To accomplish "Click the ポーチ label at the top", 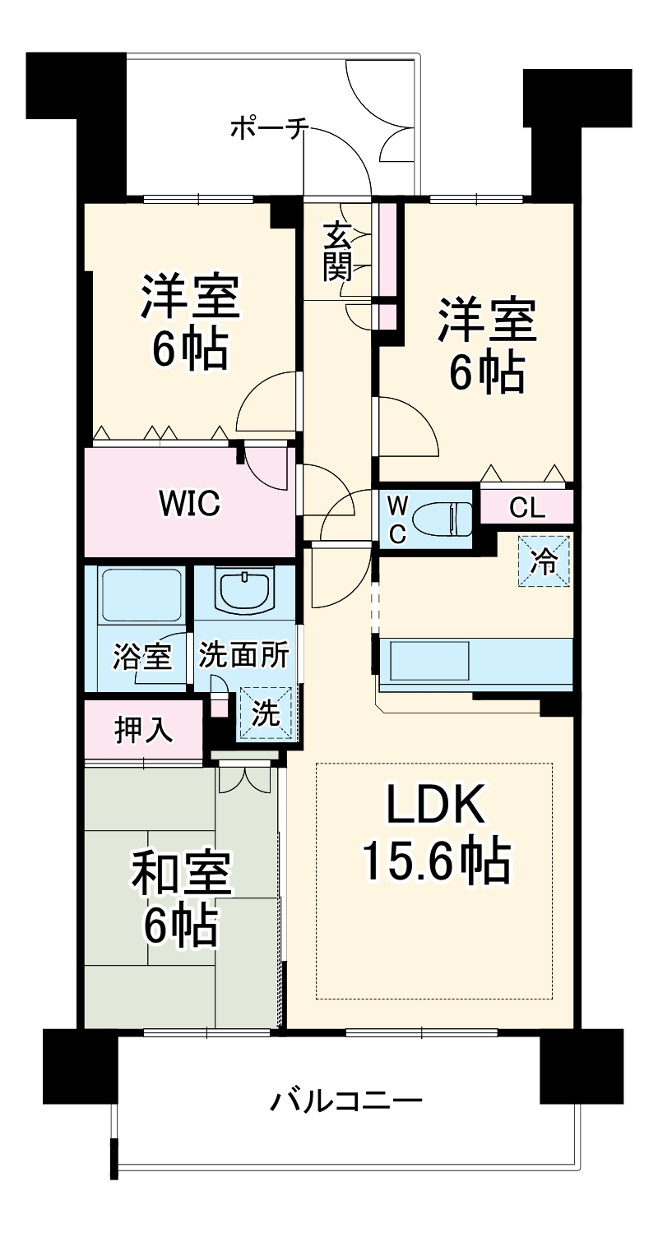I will (x=269, y=129).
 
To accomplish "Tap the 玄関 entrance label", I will (x=338, y=251).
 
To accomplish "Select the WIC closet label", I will (x=189, y=503).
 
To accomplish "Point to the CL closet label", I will (x=526, y=508).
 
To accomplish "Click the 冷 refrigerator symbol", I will (x=543, y=561).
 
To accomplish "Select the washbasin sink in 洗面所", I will (x=245, y=590).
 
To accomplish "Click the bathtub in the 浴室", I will (x=139, y=594).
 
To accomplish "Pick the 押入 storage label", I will (x=143, y=730).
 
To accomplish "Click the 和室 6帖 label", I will (x=182, y=900).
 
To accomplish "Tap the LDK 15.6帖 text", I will (x=435, y=838).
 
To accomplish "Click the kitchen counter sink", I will (x=429, y=661).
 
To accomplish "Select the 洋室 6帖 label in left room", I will (x=189, y=322).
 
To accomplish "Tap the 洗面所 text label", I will (x=243, y=657).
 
